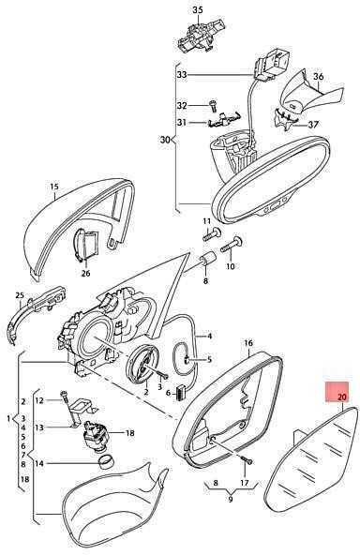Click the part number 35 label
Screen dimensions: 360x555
198,10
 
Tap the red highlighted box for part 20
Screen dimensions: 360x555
337,392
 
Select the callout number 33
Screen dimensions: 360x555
182,75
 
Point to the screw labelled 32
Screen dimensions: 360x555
213,104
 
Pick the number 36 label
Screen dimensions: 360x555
318,76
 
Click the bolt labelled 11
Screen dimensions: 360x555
212,234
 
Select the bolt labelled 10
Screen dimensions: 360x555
232,245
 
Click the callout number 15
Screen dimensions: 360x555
54,187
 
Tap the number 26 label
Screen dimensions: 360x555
85,273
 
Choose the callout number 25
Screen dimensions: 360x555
20,295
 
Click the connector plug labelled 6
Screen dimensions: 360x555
181,392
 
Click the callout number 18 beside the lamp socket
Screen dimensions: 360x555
130,433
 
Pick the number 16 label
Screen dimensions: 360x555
248,342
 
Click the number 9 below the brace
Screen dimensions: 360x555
231,500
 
